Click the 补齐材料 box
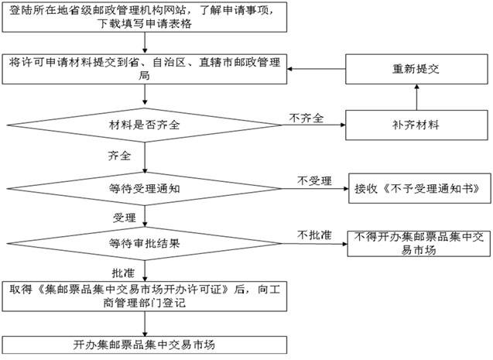[418, 123]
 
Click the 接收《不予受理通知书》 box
[417, 187]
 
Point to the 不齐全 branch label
[306, 117]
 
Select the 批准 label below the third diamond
[122, 273]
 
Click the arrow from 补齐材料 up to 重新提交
[418, 97]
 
